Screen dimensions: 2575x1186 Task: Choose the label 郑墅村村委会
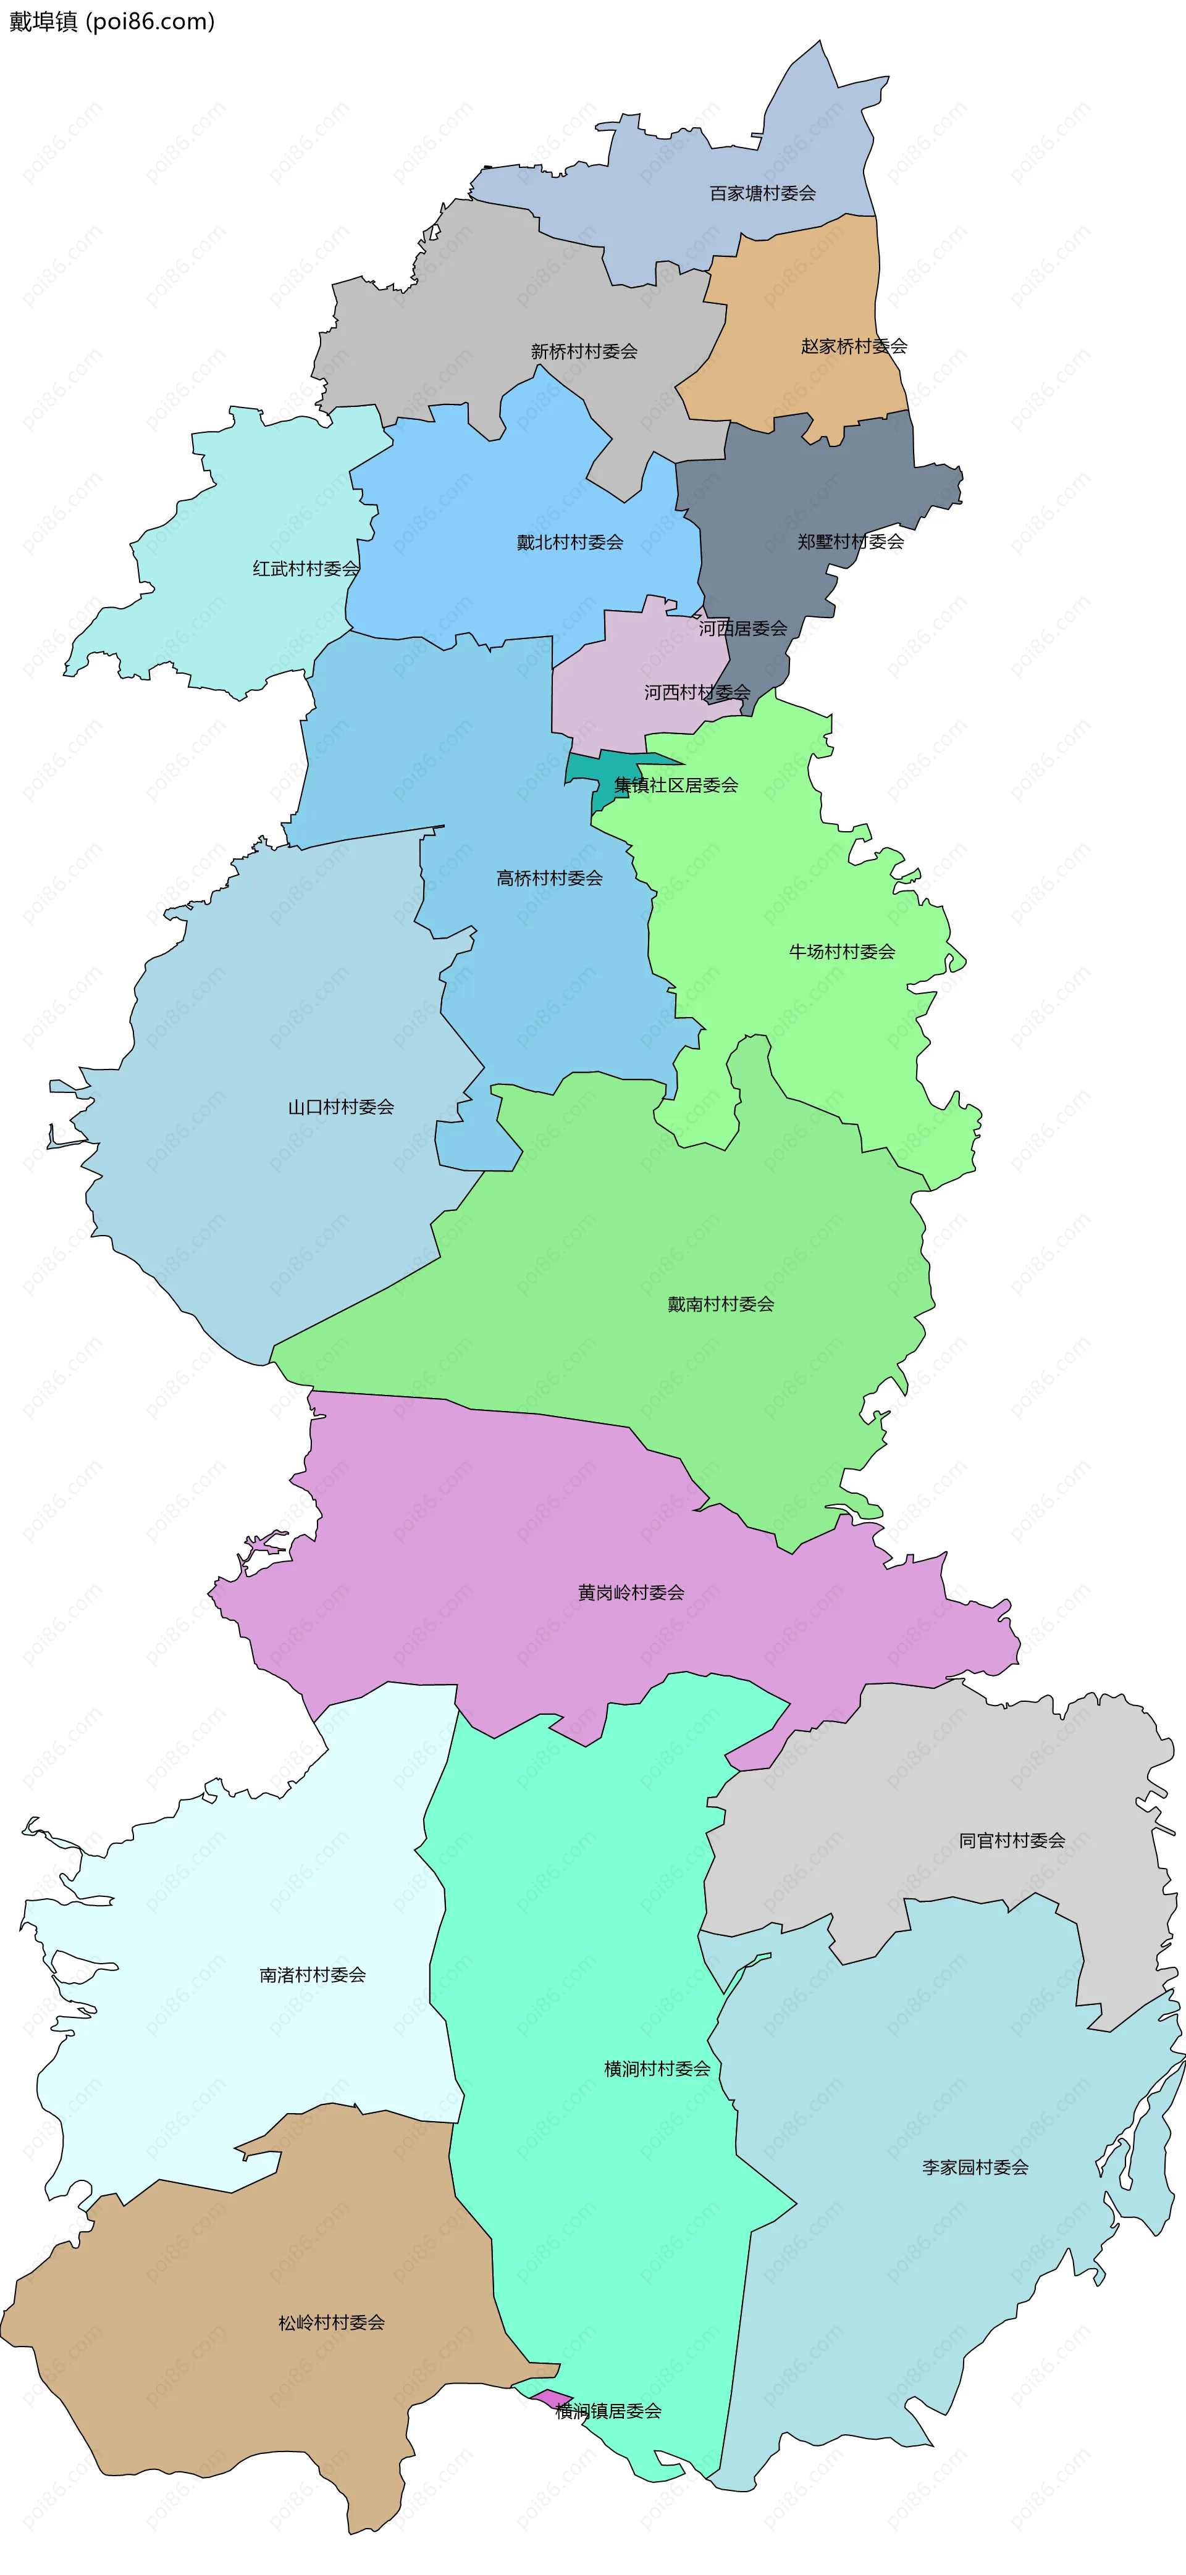click(850, 542)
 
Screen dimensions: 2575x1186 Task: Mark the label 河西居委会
click(743, 629)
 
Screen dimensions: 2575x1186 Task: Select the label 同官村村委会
click(1012, 1840)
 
